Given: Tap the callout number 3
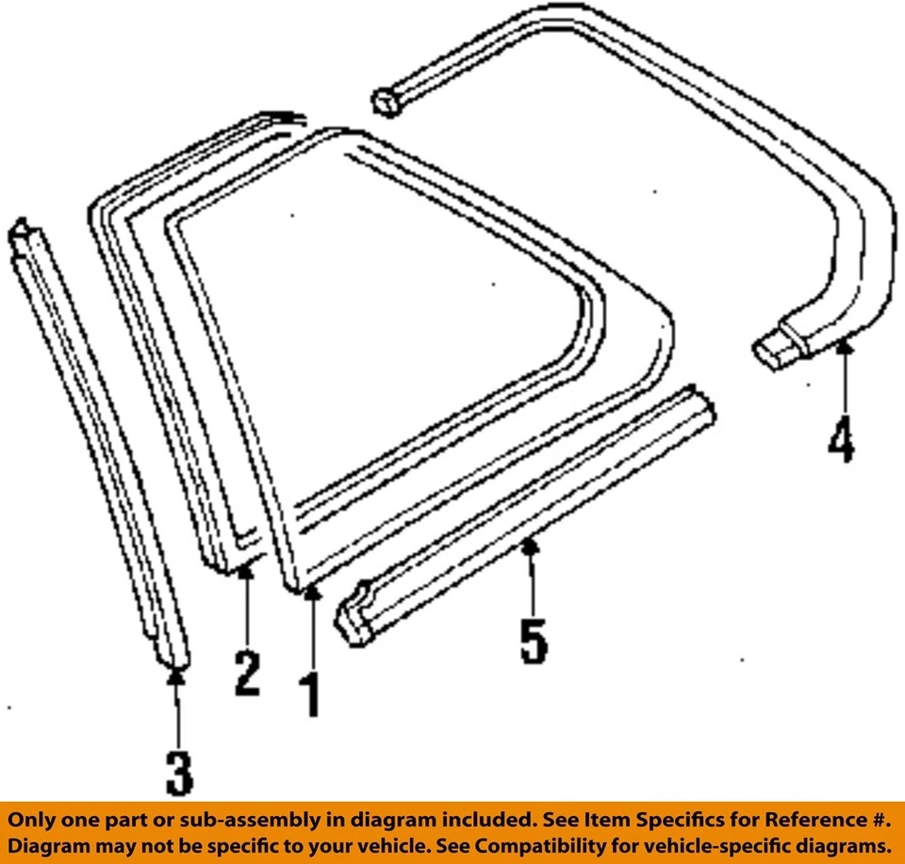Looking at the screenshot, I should coord(177,772).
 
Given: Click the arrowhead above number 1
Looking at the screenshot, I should coord(311,592).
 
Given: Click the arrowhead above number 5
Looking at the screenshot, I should coord(530,545).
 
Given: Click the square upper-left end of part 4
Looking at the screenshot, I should coord(387,101).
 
